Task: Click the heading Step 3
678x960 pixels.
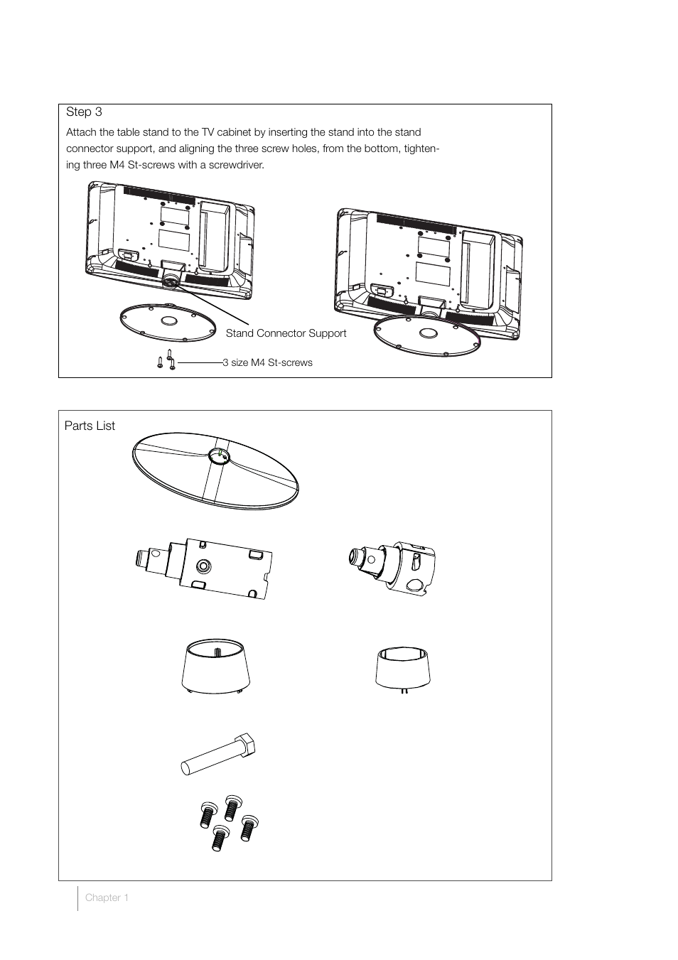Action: tap(84, 112)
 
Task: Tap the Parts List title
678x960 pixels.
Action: tap(90, 426)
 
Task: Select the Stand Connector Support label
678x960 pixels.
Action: tap(286, 333)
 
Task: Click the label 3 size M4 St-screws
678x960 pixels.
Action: tap(267, 362)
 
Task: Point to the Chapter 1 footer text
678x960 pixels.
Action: tap(107, 897)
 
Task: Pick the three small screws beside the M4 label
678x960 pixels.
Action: tap(166, 360)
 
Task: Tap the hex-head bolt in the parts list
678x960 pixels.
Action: tap(219, 755)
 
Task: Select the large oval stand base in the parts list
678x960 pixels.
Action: tap(215, 470)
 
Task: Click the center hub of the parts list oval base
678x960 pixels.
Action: tap(220, 456)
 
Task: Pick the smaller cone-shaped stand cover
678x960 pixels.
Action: tap(403, 669)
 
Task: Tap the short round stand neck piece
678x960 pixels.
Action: tap(392, 568)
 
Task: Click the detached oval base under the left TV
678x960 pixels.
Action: tap(168, 323)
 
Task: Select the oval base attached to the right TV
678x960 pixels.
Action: tap(427, 335)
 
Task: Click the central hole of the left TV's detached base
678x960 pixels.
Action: tap(168, 320)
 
